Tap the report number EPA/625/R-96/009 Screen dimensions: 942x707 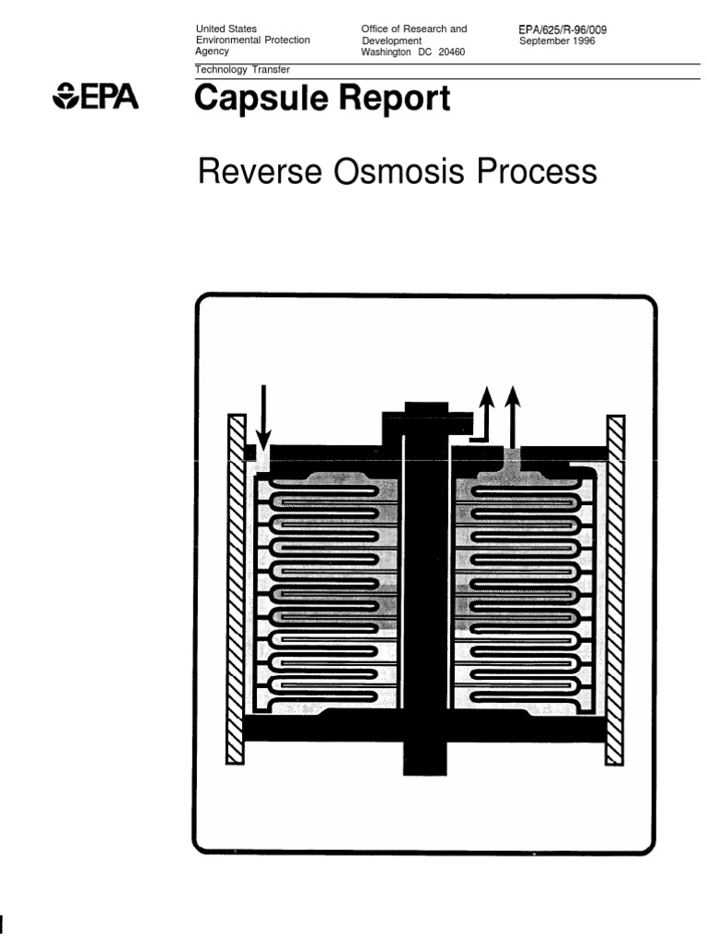(562, 29)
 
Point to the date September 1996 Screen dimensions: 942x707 (557, 40)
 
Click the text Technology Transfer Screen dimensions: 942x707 (243, 70)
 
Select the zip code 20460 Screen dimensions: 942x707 (451, 52)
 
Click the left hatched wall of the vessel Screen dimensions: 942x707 (237, 589)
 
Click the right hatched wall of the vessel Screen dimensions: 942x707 (615, 589)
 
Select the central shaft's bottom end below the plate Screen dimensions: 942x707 (425, 758)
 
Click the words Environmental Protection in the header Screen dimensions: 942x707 (253, 40)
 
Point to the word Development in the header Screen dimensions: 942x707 (391, 40)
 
